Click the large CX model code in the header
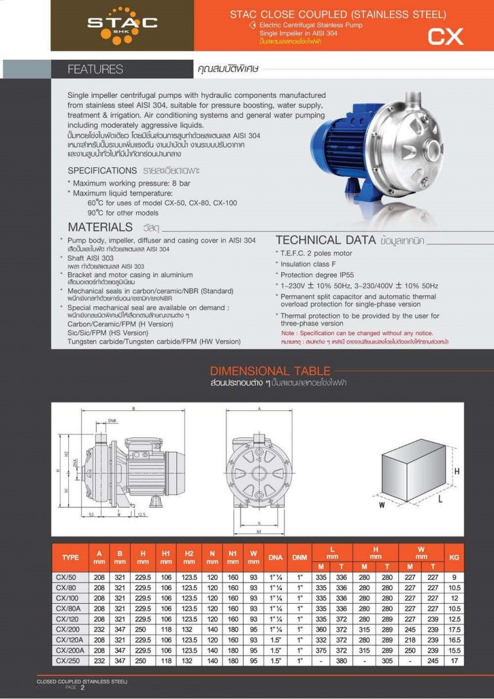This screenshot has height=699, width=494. click(446, 37)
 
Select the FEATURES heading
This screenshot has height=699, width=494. click(95, 69)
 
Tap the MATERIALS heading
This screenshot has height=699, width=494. click(100, 227)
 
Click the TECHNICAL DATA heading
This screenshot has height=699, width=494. click(325, 240)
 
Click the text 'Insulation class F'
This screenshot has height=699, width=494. click(308, 264)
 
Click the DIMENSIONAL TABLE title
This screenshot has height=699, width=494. click(270, 371)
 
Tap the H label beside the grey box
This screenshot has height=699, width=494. click(457, 471)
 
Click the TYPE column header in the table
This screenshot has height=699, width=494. click(70, 557)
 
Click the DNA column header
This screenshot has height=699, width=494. click(275, 557)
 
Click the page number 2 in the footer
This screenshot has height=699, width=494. click(82, 687)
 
